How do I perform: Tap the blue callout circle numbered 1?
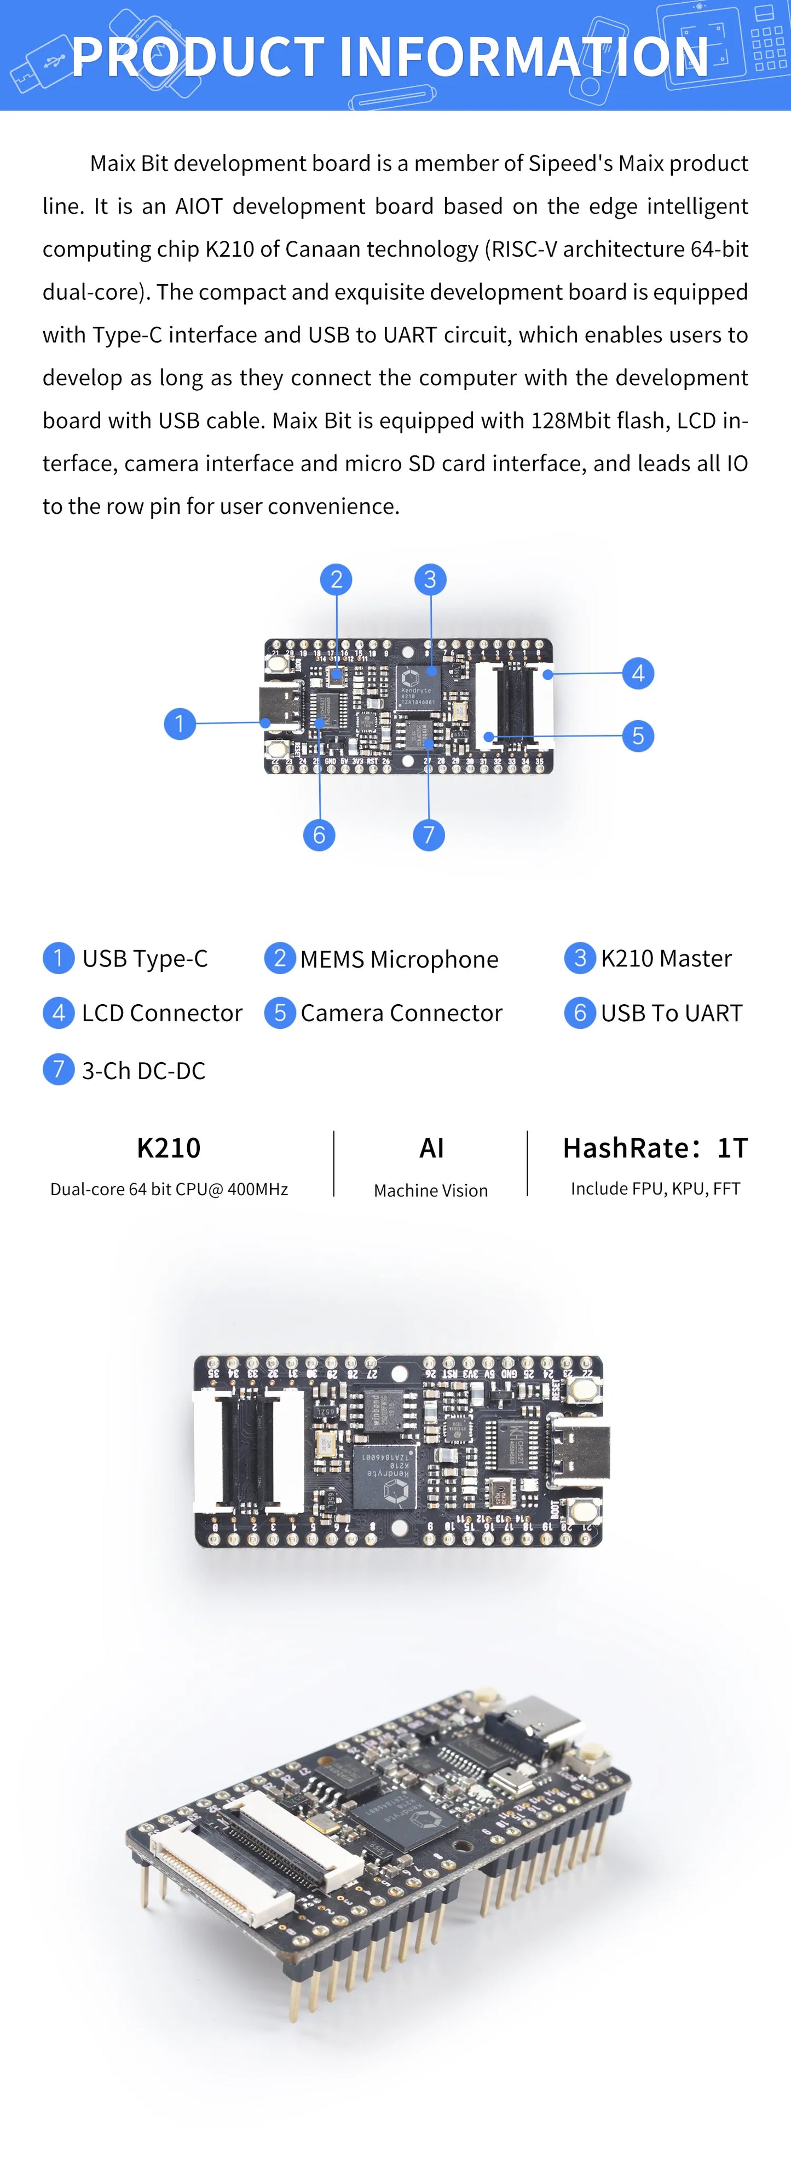179,723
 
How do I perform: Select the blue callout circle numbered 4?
638,673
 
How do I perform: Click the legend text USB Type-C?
145,959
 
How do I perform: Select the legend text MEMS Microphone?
399,959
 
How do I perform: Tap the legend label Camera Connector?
401,1013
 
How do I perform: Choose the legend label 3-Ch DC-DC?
143,1070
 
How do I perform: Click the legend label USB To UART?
671,1013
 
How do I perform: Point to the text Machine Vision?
430,1191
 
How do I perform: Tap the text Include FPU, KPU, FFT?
655,1188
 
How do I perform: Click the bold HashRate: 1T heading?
655,1148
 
